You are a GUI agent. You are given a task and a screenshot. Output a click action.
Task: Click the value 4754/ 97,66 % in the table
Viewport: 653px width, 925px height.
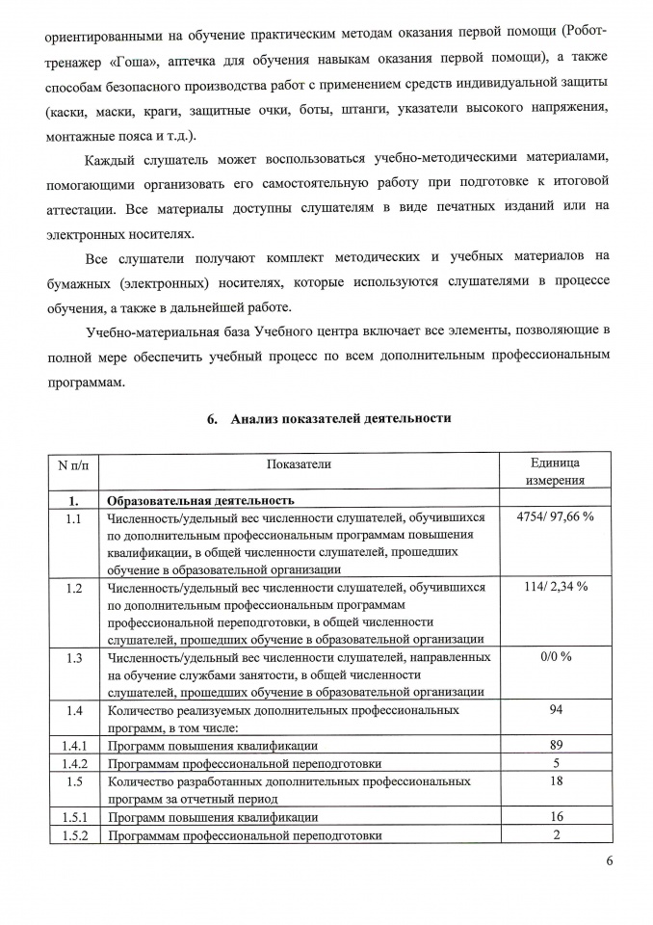(555, 517)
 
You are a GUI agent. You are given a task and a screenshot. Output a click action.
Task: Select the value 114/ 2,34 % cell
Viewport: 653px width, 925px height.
(556, 587)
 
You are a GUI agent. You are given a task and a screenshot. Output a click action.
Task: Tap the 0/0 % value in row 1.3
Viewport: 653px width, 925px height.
(556, 656)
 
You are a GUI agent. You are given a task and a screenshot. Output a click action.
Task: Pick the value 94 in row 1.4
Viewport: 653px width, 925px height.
(556, 710)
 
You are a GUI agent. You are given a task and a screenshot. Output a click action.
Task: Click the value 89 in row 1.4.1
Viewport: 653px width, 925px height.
(556, 746)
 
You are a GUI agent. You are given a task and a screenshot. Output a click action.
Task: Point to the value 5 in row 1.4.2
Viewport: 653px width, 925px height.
(556, 763)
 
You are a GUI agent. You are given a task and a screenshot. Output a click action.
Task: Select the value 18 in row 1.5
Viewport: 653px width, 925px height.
(556, 781)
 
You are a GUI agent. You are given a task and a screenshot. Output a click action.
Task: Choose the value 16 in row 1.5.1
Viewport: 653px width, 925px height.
(556, 817)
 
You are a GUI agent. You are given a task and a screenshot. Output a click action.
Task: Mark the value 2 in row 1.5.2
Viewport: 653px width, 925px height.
(556, 834)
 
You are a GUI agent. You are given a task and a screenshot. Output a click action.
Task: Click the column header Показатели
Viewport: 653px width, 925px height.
(299, 463)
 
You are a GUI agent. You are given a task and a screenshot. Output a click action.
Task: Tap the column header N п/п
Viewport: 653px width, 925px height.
(73, 464)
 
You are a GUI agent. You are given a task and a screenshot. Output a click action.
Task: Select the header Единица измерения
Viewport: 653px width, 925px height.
(555, 472)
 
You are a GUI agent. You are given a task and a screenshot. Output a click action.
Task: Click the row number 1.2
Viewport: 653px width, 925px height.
(73, 587)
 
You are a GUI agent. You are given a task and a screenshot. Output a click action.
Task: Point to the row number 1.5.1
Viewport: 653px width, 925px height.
(73, 817)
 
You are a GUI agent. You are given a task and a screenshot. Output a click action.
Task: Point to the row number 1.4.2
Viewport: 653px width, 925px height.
(73, 763)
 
